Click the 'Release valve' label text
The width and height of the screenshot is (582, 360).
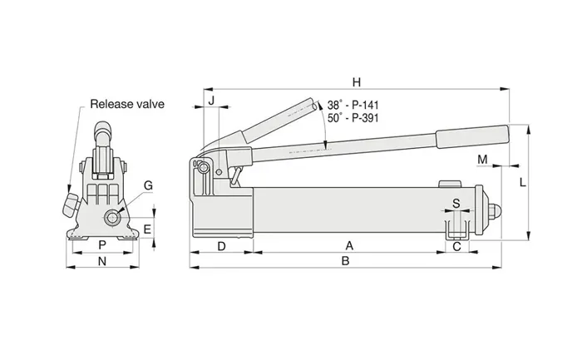pyautogui.click(x=127, y=104)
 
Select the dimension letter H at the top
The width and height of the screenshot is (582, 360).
pyautogui.click(x=356, y=81)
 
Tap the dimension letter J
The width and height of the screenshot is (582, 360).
pyautogui.click(x=211, y=101)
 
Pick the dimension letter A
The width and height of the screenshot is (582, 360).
pyautogui.click(x=349, y=245)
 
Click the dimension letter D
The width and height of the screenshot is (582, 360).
pyautogui.click(x=222, y=245)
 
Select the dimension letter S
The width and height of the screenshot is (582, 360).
pyautogui.click(x=456, y=202)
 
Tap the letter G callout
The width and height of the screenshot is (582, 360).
pyautogui.click(x=148, y=185)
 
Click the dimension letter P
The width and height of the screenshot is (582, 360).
pyautogui.click(x=101, y=245)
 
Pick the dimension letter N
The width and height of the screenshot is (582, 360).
pyautogui.click(x=103, y=261)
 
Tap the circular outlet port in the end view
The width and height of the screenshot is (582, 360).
pyautogui.click(x=110, y=217)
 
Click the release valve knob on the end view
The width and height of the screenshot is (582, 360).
pyautogui.click(x=72, y=203)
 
